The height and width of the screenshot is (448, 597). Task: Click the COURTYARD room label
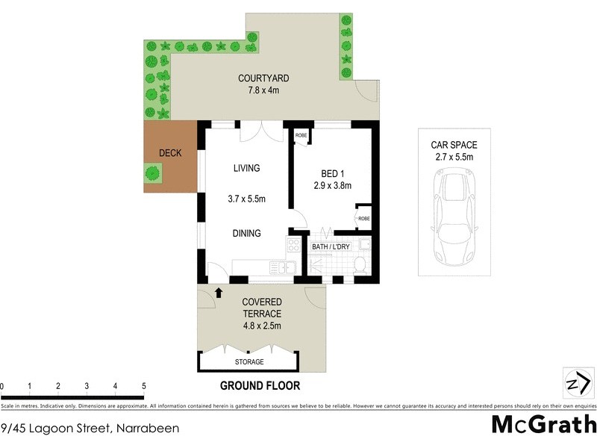click(x=263, y=78)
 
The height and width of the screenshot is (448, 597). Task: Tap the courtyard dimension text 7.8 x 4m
click(x=263, y=91)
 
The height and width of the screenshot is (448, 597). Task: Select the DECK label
click(x=170, y=154)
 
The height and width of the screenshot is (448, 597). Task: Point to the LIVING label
click(x=246, y=169)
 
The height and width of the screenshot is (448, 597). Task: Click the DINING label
click(x=246, y=234)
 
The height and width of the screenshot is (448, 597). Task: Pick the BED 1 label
click(x=329, y=172)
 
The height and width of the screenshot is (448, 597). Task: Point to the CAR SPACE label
click(x=453, y=145)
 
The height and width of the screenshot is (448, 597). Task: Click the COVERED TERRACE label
click(x=260, y=308)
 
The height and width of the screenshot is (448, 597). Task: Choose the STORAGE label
click(x=249, y=362)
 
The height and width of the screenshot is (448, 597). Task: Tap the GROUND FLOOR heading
click(x=260, y=386)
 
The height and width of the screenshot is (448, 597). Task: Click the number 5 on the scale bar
click(x=143, y=386)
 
